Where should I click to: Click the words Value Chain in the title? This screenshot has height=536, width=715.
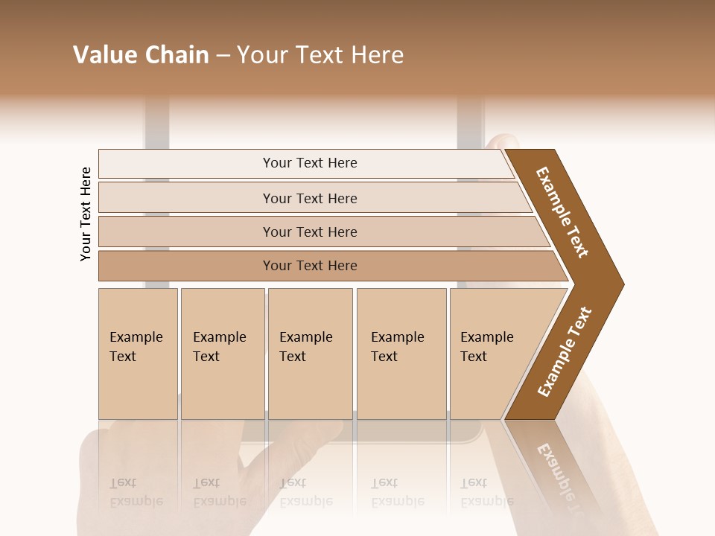tap(141, 55)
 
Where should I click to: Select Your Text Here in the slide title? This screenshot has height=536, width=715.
tap(320, 55)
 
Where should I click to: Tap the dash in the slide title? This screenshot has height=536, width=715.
tap(223, 56)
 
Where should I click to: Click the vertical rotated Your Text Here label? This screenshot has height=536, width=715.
tap(86, 214)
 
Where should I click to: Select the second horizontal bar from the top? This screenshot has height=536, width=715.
tap(310, 198)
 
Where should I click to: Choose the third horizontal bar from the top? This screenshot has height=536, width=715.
tap(310, 232)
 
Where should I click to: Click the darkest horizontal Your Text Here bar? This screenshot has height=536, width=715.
tap(310, 266)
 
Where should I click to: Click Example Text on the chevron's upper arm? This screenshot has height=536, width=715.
tap(562, 212)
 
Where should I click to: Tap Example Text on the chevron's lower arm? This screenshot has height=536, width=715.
tap(565, 351)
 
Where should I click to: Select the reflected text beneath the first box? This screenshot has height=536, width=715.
tap(136, 492)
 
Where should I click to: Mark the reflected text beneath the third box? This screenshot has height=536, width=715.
tap(305, 492)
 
